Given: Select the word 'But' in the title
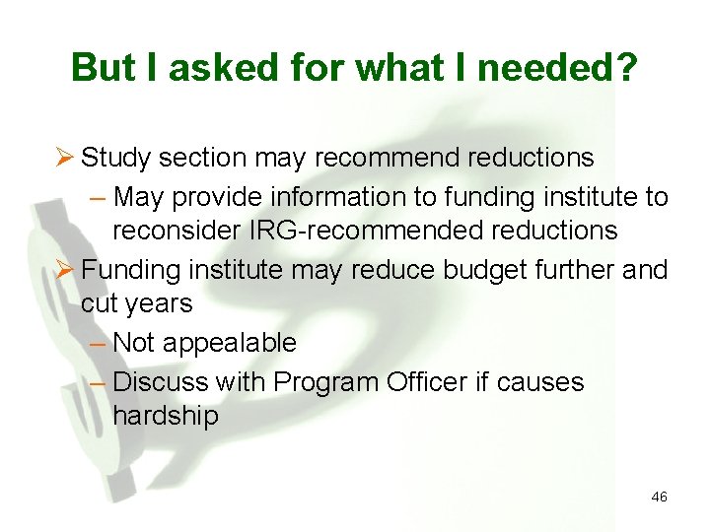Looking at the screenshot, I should point(105,68).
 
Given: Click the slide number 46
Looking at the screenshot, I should point(659,498).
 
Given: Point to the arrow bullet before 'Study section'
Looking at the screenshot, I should point(66,158).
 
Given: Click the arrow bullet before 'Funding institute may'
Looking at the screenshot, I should point(66,269).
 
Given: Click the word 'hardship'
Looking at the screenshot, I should point(166,416).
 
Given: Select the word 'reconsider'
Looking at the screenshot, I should point(179,232).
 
